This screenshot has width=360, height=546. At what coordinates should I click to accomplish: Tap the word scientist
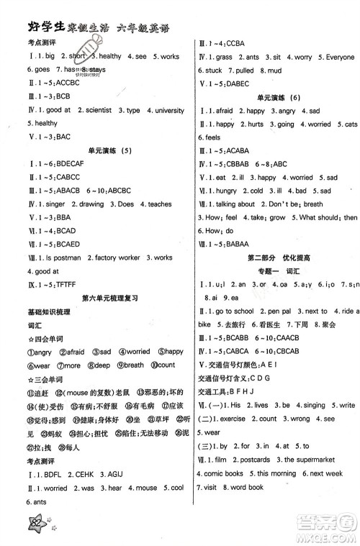pos(85,110)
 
